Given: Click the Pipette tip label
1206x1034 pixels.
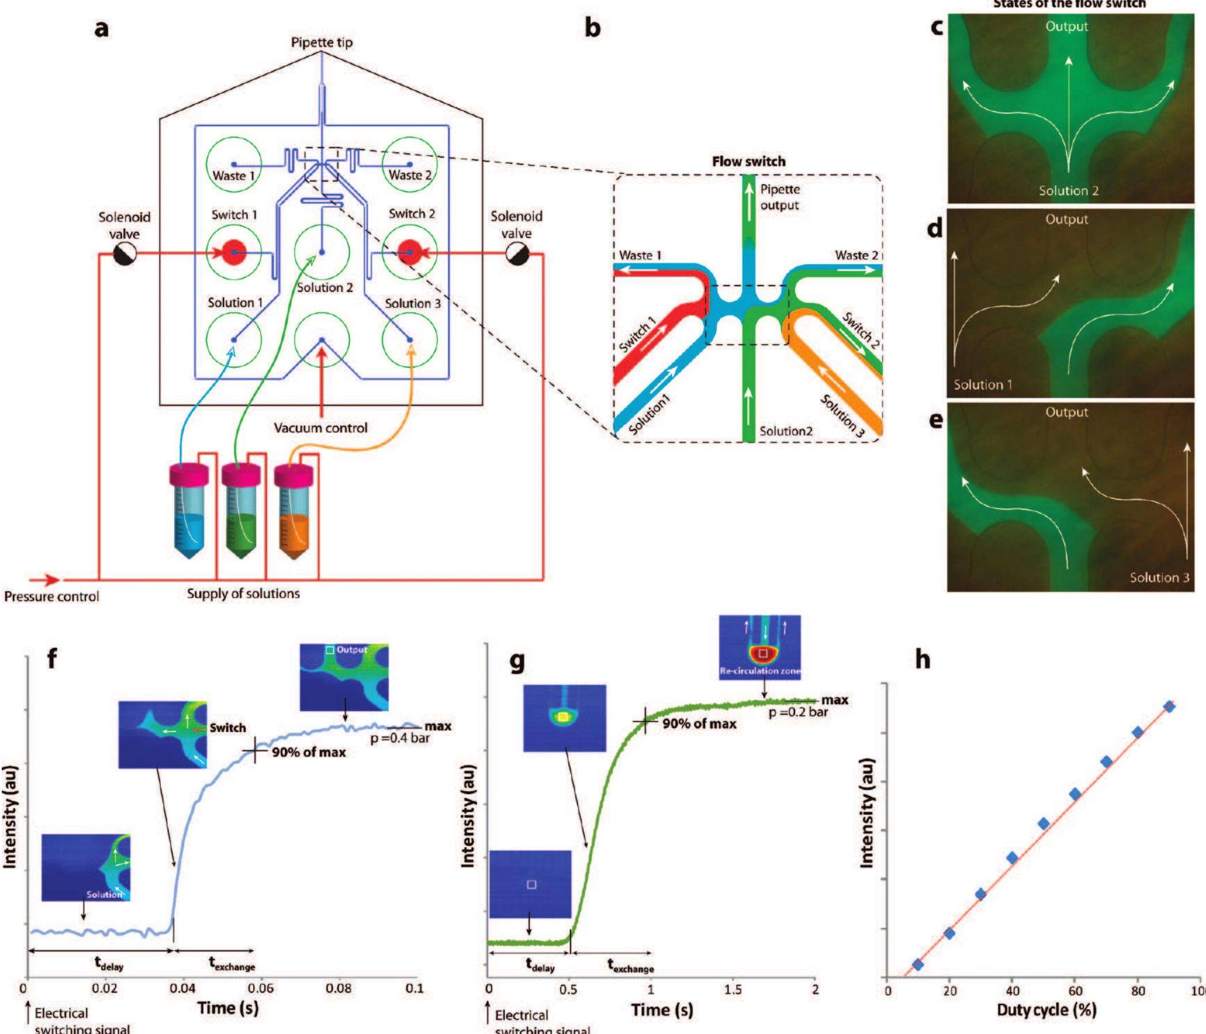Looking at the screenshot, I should [x=321, y=43].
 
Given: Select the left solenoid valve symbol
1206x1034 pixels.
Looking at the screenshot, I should [x=124, y=254].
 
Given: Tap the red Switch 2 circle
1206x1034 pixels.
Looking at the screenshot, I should [x=409, y=253].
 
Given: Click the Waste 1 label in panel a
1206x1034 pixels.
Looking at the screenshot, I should [x=233, y=175].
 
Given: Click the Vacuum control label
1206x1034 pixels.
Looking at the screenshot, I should [x=321, y=428].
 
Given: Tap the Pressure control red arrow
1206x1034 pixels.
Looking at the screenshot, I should [x=44, y=579].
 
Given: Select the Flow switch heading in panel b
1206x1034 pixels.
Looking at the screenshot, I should [x=748, y=162].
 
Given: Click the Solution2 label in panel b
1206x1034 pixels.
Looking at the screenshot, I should [x=786, y=431].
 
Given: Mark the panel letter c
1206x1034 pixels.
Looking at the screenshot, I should [x=937, y=26].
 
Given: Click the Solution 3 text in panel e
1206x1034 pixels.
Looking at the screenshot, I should [x=1159, y=577].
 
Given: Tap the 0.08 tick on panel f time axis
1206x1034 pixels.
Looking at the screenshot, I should [x=338, y=988].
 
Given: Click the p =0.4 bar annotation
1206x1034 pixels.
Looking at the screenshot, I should [x=400, y=738].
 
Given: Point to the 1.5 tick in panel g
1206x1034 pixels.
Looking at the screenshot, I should [x=733, y=989].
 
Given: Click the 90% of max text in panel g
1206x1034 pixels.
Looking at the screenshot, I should [x=699, y=724].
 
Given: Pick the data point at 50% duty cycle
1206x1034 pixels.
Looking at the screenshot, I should [x=1044, y=823].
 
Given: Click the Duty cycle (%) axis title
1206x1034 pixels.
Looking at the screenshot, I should [x=1046, y=1010].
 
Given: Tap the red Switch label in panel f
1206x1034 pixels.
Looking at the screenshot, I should [x=227, y=727].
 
